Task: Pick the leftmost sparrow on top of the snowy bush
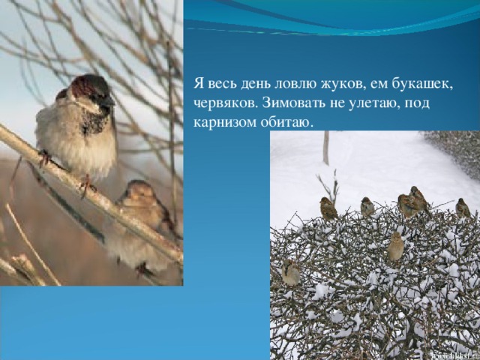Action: tap(328, 208)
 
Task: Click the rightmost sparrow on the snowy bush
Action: tap(463, 208)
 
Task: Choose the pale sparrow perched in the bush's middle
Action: tap(396, 247)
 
